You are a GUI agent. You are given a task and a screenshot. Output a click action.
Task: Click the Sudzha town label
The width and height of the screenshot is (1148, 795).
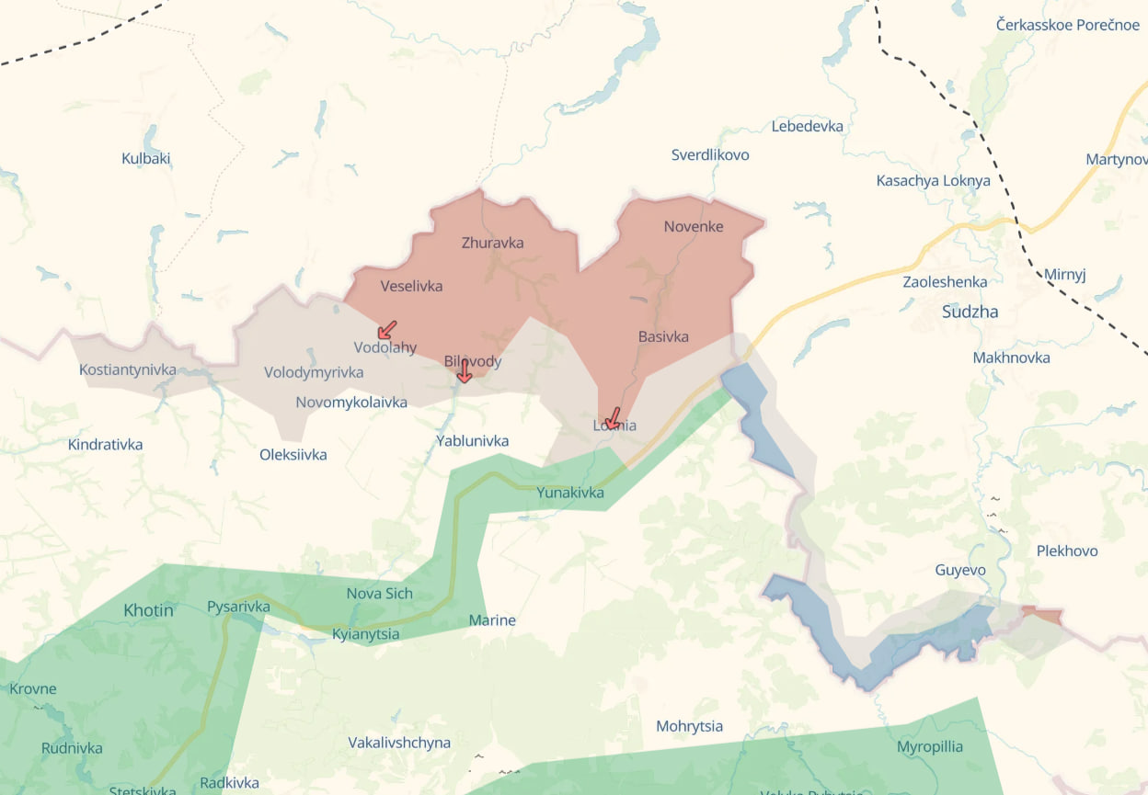(x=970, y=312)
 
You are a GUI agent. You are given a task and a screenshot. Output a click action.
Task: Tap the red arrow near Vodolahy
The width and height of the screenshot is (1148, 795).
(x=387, y=329)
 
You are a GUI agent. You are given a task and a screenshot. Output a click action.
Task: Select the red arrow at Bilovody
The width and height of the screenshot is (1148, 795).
(x=465, y=371)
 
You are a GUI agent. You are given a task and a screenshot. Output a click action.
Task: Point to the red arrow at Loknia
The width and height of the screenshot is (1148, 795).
(x=611, y=418)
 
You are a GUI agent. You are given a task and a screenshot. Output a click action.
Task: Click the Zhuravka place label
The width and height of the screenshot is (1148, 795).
(x=492, y=243)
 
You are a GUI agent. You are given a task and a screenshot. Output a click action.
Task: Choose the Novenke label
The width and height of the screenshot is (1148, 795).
(x=694, y=226)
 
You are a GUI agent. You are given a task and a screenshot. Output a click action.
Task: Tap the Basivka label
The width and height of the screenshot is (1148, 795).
(x=663, y=336)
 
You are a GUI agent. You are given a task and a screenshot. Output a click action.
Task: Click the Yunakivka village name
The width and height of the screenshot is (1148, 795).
(x=570, y=493)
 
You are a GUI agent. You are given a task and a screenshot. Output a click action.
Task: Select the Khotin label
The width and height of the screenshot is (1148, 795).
(x=148, y=609)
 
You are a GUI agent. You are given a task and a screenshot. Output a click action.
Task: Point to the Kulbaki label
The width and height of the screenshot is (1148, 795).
(x=146, y=158)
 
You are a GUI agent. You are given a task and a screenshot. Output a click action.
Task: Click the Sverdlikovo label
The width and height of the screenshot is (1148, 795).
(x=710, y=154)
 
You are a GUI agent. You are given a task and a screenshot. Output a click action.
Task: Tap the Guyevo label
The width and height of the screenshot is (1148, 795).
(x=960, y=570)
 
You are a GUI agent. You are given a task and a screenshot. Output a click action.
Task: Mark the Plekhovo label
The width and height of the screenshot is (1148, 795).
(x=1067, y=551)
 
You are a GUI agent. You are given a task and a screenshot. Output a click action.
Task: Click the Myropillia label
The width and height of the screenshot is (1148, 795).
(x=930, y=745)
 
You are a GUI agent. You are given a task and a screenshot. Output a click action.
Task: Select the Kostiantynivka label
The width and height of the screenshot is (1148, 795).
(x=128, y=369)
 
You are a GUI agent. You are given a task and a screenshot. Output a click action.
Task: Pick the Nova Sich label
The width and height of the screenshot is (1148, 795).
(x=379, y=593)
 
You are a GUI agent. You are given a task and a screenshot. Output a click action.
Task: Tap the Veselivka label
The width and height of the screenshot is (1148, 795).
(x=411, y=286)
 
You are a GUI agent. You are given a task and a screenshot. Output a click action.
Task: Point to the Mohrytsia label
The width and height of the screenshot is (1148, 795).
(x=689, y=726)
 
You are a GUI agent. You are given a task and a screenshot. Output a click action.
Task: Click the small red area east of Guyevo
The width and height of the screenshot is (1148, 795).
(x=1044, y=615)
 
